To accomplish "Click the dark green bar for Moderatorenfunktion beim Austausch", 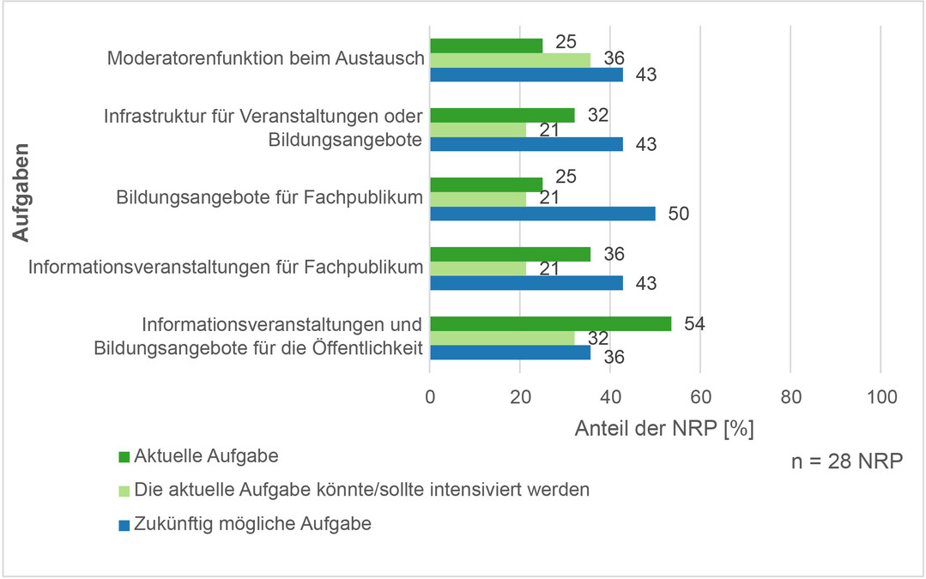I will tap(486, 45).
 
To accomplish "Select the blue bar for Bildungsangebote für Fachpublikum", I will tap(542, 214).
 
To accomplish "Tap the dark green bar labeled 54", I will tap(551, 323).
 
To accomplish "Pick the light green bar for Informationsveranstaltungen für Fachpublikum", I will tap(478, 268).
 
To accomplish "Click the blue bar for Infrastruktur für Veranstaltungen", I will tap(526, 144).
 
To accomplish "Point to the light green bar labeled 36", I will tap(510, 60).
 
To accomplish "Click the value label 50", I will tap(678, 214).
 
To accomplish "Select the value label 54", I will tap(694, 323).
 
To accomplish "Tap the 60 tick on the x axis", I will tap(700, 397).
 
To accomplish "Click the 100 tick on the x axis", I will tap(881, 397).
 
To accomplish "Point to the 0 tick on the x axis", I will tap(430, 397).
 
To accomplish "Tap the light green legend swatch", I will tap(124, 491).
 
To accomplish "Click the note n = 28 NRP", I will tap(845, 461).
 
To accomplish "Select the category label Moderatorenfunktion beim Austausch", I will tap(266, 59).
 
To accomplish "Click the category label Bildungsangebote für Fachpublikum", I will tap(269, 198).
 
